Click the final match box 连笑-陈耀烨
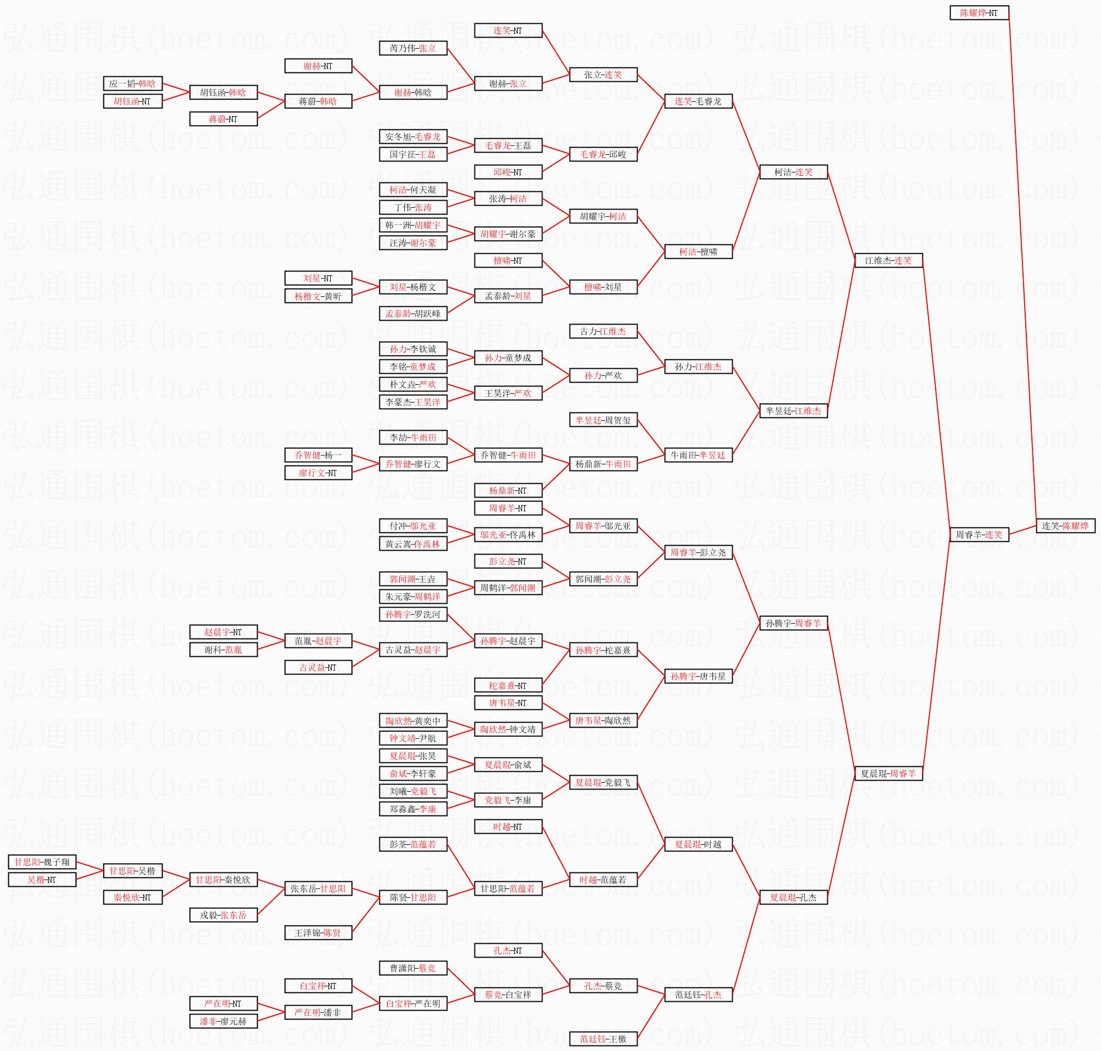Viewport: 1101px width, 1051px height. pos(1065,526)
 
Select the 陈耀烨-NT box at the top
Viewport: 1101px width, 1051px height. pos(979,13)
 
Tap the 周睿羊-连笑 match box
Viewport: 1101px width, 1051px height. pos(978,535)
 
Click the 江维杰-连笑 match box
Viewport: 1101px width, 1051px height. pos(888,260)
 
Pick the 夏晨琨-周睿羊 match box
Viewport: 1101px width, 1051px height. pos(888,773)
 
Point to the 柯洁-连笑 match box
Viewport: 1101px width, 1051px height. pos(794,172)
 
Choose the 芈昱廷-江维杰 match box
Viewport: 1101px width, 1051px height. pos(794,411)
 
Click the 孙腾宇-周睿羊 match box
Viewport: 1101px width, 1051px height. pos(794,623)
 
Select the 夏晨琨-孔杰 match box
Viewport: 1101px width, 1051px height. pos(794,897)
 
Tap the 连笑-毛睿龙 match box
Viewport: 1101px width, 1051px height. pos(698,101)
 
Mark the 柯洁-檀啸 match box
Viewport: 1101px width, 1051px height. pos(698,252)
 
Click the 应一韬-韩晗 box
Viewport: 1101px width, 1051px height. pos(133,83)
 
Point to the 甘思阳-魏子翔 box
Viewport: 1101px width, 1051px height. pos(42,862)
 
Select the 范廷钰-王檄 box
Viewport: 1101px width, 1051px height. pos(603,1039)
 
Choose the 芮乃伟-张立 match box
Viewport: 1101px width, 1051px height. pos(413,48)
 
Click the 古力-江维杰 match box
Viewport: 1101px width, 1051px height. pos(603,331)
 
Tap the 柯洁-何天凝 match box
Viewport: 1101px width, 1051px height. pos(413,190)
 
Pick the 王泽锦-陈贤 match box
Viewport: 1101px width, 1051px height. pos(318,933)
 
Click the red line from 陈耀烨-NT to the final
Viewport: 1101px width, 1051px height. pos(1022,269)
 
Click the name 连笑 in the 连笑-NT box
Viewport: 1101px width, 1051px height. pos(502,31)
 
